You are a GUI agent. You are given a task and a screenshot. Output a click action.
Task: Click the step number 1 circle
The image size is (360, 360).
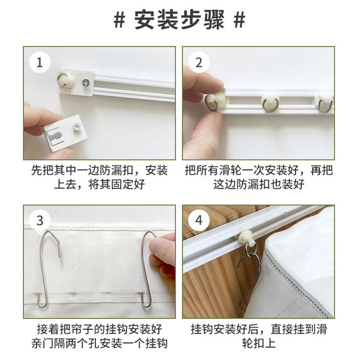(x=40, y=62)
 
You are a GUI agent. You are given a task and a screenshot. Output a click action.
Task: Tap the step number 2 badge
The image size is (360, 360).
(x=199, y=62)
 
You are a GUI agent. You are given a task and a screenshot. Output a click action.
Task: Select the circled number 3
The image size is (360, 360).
(x=40, y=220)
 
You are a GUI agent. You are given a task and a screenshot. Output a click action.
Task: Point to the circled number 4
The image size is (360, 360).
(x=199, y=220)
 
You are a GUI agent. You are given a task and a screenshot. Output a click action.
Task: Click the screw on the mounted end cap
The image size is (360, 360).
(x=86, y=82)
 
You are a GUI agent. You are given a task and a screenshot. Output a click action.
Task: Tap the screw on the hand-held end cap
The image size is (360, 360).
(x=76, y=127)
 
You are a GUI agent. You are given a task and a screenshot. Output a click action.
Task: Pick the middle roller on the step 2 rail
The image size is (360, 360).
(x=270, y=102)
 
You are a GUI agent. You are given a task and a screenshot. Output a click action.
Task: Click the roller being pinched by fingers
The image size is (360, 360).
(x=215, y=102)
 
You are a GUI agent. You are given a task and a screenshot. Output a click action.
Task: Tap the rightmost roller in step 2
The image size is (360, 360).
(x=324, y=102)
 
